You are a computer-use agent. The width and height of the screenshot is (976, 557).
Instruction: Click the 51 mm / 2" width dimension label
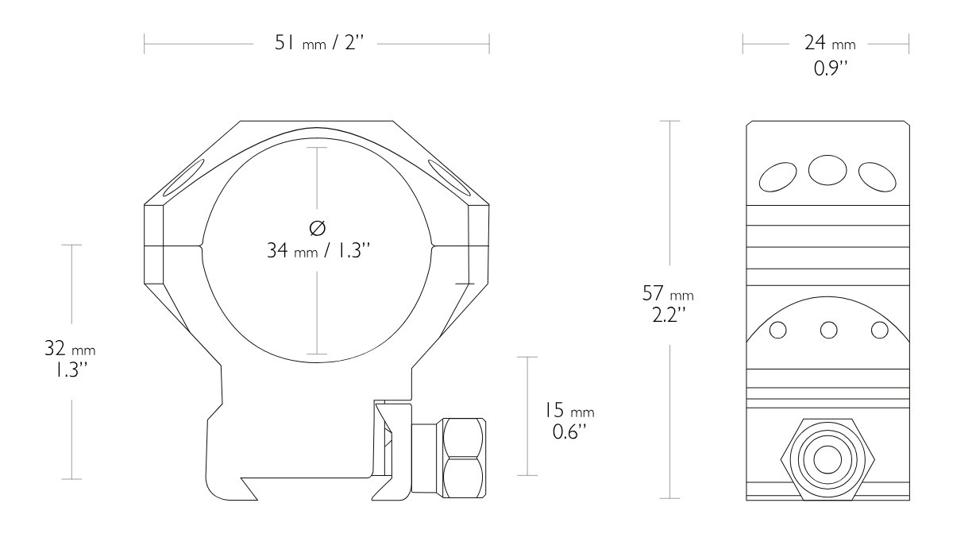[317, 44]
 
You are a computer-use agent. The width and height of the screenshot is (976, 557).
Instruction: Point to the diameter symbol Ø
[317, 229]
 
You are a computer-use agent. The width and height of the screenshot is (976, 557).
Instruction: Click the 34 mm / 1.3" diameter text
[317, 252]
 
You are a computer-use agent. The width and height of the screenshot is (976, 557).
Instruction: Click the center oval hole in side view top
[827, 168]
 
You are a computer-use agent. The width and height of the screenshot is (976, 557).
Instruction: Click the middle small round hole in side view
[828, 330]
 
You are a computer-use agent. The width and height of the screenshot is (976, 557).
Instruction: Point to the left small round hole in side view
[778, 330]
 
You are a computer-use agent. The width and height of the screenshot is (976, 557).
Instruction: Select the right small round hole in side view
[878, 330]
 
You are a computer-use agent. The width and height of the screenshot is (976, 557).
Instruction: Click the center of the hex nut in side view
[828, 458]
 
